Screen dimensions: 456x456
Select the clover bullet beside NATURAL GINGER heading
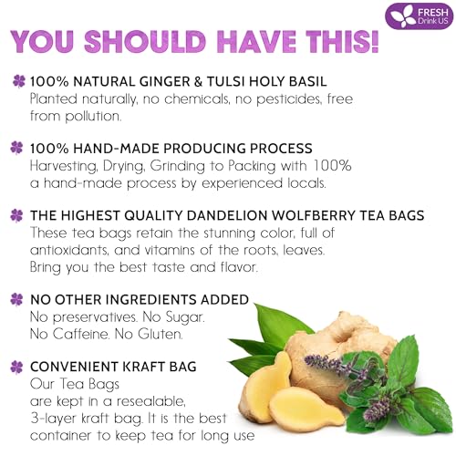coord(17,80)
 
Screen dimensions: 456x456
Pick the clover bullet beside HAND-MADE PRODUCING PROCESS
coord(17,148)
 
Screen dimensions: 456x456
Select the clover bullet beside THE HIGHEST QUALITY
coord(17,215)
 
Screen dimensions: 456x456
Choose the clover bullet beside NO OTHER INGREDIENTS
coord(17,298)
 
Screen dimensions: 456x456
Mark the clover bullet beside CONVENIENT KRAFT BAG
coord(17,367)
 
